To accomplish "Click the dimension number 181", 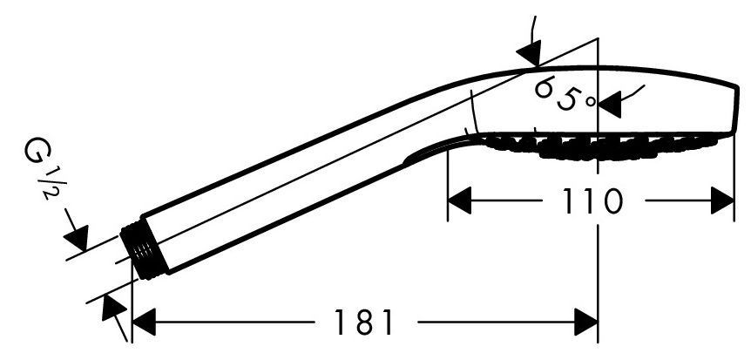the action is (363, 323).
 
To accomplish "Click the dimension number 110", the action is (592, 200).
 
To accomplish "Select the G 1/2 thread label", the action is (43, 167).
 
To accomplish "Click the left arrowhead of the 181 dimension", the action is (144, 323).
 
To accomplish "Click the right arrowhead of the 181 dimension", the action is (585, 323).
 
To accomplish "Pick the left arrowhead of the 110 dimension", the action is (459, 200).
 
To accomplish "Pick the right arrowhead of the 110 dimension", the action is (722, 200).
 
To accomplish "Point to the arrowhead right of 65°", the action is (610, 105).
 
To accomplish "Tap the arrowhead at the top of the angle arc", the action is (530, 52).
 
